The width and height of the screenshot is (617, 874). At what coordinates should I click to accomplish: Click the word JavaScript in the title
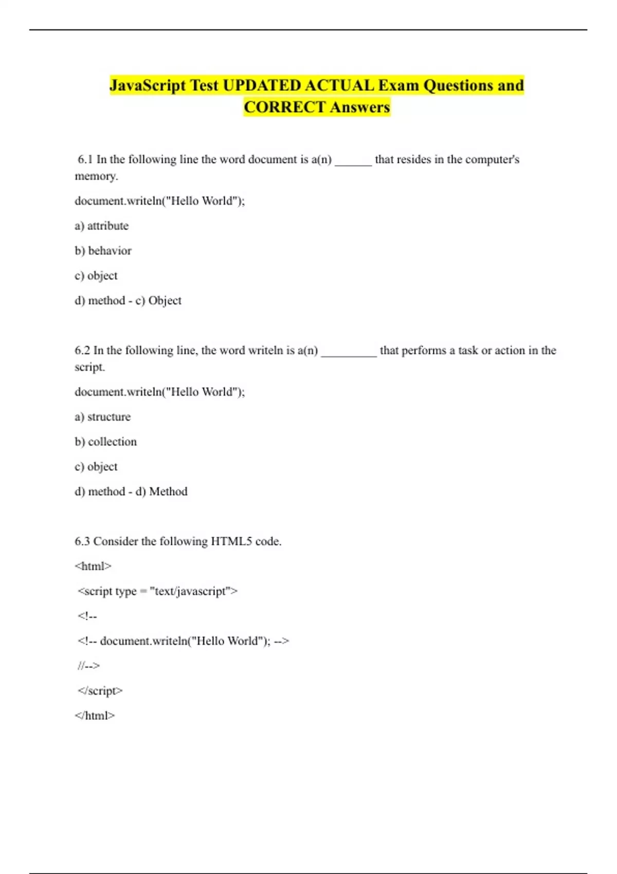coord(148,85)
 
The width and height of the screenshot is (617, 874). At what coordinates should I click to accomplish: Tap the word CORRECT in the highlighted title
coord(284,107)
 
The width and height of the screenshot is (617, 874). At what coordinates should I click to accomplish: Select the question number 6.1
coord(85,159)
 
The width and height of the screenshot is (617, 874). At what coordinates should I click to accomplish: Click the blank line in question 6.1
coord(353,161)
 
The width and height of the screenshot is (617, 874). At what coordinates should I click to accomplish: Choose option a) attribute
coord(102,226)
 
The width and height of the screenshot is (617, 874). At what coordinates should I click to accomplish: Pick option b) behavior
coord(103,251)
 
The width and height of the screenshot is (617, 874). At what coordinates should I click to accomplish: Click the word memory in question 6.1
coord(96,176)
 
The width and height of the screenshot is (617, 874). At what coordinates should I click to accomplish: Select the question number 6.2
coord(82,351)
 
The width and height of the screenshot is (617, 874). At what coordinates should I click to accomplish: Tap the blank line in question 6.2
coord(349,352)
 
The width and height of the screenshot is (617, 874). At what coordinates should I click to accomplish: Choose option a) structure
coord(103,417)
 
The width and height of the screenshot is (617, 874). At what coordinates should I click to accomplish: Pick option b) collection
coord(106,442)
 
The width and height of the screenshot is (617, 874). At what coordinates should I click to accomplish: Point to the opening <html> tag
coord(93,567)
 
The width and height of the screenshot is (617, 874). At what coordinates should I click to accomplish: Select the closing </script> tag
coord(100,691)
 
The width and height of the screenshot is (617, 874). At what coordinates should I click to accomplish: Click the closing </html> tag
coord(95,716)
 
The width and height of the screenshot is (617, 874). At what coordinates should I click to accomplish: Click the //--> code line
coord(88,666)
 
